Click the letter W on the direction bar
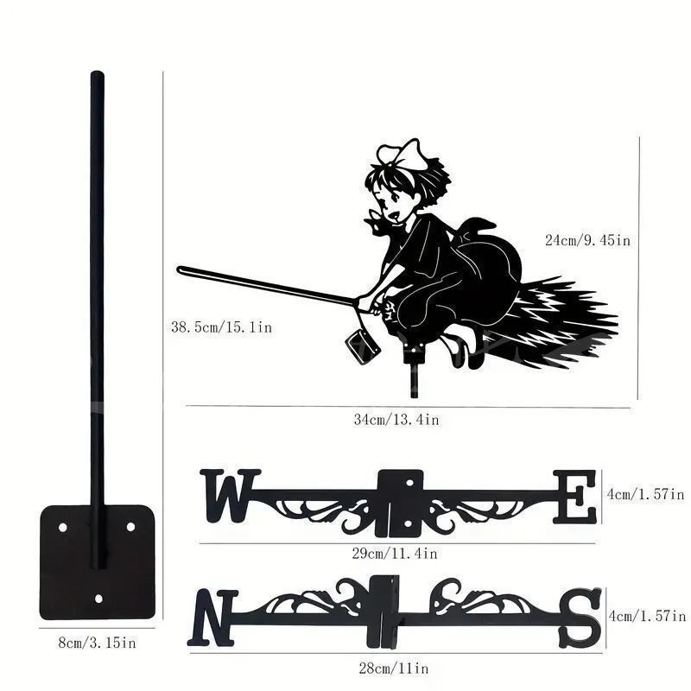click(229, 495)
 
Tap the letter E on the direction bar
click(574, 497)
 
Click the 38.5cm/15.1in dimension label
click(222, 327)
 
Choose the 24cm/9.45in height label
click(588, 240)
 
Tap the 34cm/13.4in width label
click(396, 420)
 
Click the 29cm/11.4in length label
click(395, 554)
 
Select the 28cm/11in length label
click(394, 669)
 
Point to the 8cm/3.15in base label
click(98, 643)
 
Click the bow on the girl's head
click(402, 155)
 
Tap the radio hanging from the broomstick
click(362, 347)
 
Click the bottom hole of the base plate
click(98, 599)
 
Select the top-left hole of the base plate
click(63, 527)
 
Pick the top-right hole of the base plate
click(131, 527)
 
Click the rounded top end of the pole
click(98, 74)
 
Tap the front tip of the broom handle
click(180, 269)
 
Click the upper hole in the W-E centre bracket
click(409, 483)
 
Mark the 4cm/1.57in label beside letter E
click(645, 494)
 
